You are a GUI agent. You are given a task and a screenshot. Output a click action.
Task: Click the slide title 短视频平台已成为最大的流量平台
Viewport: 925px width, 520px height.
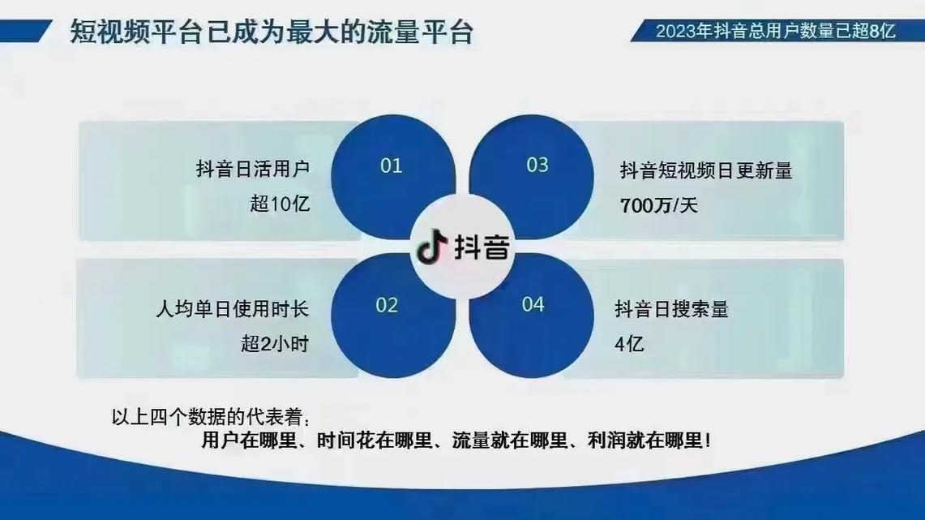pos(272,34)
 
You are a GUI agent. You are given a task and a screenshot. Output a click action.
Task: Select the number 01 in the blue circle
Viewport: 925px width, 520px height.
pos(392,165)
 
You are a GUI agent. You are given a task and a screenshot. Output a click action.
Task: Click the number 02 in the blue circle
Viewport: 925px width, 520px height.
pos(388,305)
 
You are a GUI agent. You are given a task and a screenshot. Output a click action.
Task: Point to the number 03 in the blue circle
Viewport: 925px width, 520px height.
pos(537,165)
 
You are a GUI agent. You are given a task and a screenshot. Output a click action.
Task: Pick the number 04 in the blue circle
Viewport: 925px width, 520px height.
pos(533,305)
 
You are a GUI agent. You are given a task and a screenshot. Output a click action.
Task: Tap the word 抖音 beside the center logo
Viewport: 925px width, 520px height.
pos(482,247)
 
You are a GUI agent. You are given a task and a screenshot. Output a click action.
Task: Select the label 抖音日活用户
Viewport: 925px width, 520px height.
pos(253,170)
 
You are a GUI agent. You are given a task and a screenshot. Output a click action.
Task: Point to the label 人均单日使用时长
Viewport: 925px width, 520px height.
pos(232,310)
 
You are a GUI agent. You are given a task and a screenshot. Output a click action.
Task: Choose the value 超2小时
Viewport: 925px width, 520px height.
pos(275,344)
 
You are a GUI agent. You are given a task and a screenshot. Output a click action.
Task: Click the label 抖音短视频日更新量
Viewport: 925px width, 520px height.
pos(705,170)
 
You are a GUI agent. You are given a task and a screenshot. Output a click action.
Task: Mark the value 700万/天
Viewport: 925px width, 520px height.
pos(658,205)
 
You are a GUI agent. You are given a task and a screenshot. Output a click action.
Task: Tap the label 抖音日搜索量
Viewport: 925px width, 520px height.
pos(671,309)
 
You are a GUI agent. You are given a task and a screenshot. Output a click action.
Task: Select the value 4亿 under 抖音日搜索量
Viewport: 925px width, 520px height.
pos(629,344)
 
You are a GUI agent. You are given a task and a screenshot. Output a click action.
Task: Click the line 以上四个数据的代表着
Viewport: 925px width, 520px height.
pos(210,418)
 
